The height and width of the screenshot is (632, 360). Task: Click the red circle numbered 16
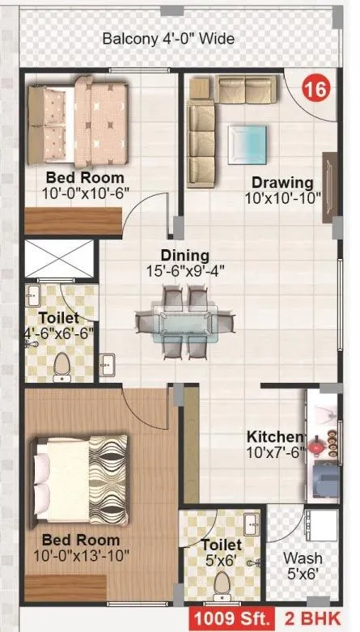pyautogui.click(x=316, y=90)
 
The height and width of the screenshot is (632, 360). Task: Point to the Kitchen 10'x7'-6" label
pyautogui.click(x=275, y=445)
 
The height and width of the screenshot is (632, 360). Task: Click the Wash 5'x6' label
pyautogui.click(x=302, y=565)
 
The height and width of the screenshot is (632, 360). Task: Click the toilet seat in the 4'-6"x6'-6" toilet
pyautogui.click(x=61, y=369)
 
